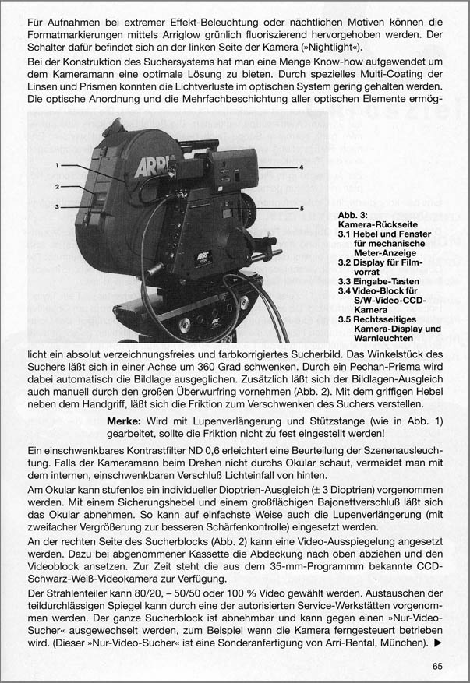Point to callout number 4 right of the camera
(x=302, y=167)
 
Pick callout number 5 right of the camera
(x=302, y=209)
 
